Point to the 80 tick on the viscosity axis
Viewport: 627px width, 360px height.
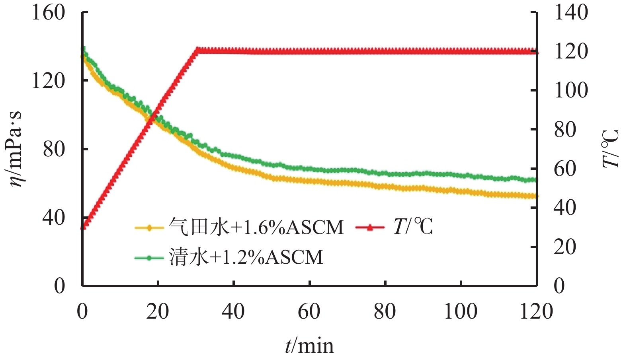point(54,149)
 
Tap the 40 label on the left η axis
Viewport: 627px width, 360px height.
point(54,217)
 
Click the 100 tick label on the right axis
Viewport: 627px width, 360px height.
point(571,90)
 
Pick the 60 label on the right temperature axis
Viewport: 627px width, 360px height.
point(565,169)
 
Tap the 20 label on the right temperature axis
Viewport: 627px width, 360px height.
point(565,247)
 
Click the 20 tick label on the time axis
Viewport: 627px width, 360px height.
point(158,311)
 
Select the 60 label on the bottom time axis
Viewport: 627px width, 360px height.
point(309,311)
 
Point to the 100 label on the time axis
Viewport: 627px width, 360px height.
point(461,311)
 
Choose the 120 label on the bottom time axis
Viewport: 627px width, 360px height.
point(536,311)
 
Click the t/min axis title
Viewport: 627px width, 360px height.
point(309,345)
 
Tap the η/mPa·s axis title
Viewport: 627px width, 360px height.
point(15,149)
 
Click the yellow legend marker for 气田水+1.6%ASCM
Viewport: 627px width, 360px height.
point(149,228)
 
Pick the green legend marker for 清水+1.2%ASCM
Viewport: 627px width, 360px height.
point(149,258)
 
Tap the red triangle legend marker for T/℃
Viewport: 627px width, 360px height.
point(370,228)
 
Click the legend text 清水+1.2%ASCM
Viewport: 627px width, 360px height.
point(246,257)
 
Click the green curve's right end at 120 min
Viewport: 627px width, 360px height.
point(535,180)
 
